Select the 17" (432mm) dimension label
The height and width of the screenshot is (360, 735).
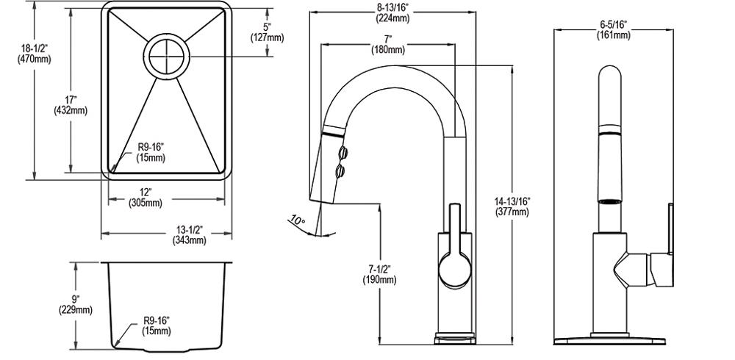click(71, 105)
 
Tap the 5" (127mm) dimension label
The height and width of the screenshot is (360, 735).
click(267, 33)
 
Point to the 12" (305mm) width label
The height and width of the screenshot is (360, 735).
click(146, 198)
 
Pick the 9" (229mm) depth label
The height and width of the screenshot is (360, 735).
click(76, 303)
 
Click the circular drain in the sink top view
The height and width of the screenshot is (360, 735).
click(167, 57)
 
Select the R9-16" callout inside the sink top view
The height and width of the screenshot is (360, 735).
click(151, 153)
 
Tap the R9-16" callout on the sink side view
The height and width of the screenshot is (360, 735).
click(156, 325)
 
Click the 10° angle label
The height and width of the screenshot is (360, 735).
click(298, 220)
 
